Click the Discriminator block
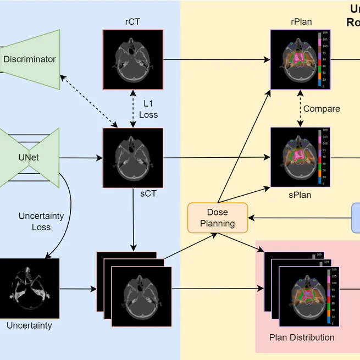30,59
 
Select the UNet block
29,158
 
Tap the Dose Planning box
218,218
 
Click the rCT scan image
133,59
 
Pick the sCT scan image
133,158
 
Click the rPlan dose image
300,59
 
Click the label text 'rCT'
133,22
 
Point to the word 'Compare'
322,109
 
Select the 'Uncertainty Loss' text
42,221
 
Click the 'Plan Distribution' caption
302,337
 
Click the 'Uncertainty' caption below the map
29,325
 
